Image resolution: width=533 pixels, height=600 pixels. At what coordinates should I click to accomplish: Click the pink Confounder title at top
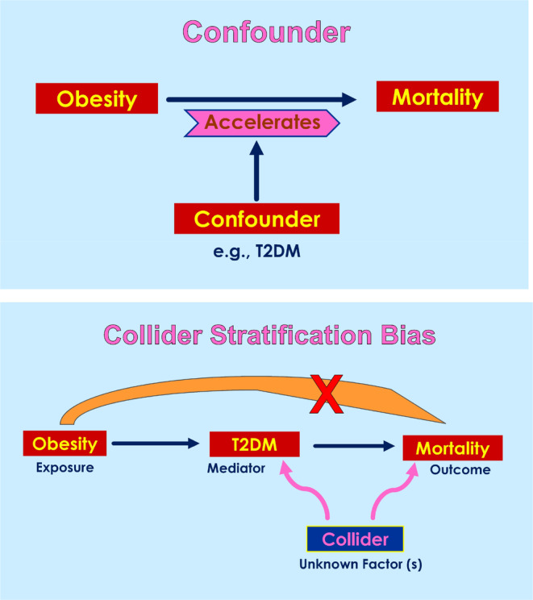(266, 32)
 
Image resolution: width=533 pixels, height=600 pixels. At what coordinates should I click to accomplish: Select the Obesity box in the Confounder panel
(97, 98)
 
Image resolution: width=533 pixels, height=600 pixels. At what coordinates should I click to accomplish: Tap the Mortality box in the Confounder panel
(437, 97)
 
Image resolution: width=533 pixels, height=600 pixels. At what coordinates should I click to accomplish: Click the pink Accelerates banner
(262, 123)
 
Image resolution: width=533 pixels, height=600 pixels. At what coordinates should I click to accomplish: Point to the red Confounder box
(256, 219)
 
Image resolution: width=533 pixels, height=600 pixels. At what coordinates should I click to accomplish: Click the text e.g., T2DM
(256, 252)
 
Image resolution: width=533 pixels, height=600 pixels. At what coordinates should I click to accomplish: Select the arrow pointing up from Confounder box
(256, 171)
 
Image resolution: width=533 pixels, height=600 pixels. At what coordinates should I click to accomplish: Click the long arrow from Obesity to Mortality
(261, 99)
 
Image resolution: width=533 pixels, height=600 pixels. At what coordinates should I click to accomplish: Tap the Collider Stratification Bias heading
(269, 335)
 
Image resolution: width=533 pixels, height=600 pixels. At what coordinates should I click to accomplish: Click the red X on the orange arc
(327, 394)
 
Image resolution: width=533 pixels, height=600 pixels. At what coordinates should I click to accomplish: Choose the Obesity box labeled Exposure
(65, 443)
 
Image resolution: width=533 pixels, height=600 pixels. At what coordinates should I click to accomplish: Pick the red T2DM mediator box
(255, 444)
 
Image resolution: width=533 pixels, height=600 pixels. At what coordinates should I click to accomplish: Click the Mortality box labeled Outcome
(452, 448)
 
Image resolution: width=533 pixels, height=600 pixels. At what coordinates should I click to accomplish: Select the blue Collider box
(355, 539)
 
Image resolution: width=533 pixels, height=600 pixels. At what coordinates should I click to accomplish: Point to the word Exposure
(65, 468)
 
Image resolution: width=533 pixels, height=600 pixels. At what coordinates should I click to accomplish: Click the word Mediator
(236, 469)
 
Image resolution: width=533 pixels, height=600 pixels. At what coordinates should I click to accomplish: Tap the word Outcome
(460, 469)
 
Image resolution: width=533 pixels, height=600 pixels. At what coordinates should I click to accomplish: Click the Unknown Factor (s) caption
(360, 564)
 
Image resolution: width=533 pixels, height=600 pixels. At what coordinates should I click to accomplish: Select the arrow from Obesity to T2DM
(156, 444)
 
